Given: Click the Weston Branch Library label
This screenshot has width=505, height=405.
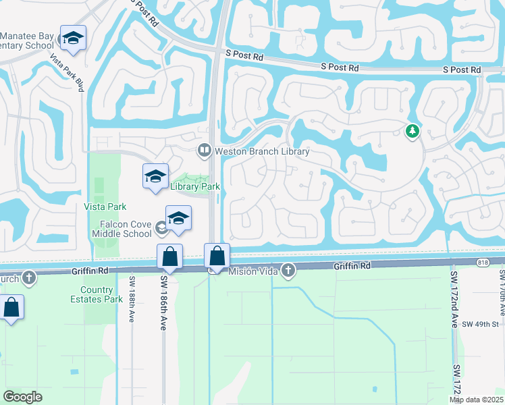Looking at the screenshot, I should coord(262,151).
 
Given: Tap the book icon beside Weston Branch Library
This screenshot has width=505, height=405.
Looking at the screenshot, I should coord(204,150).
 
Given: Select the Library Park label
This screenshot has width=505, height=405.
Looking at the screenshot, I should coord(196,186).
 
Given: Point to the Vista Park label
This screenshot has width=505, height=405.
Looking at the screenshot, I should coord(105,207).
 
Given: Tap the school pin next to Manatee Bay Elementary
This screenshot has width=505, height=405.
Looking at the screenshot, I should coord(72,39).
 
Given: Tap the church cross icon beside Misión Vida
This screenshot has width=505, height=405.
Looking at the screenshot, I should coord(289,271).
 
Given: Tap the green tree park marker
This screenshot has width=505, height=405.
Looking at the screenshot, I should coord(412,131).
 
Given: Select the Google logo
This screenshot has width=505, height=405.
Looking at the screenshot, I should coord(23,396).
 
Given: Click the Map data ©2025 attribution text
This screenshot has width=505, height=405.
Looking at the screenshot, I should coord(475,400).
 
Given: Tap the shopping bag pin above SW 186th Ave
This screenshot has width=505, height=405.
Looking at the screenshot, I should coord(169,257).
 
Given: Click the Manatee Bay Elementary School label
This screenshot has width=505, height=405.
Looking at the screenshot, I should coord(27,40).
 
